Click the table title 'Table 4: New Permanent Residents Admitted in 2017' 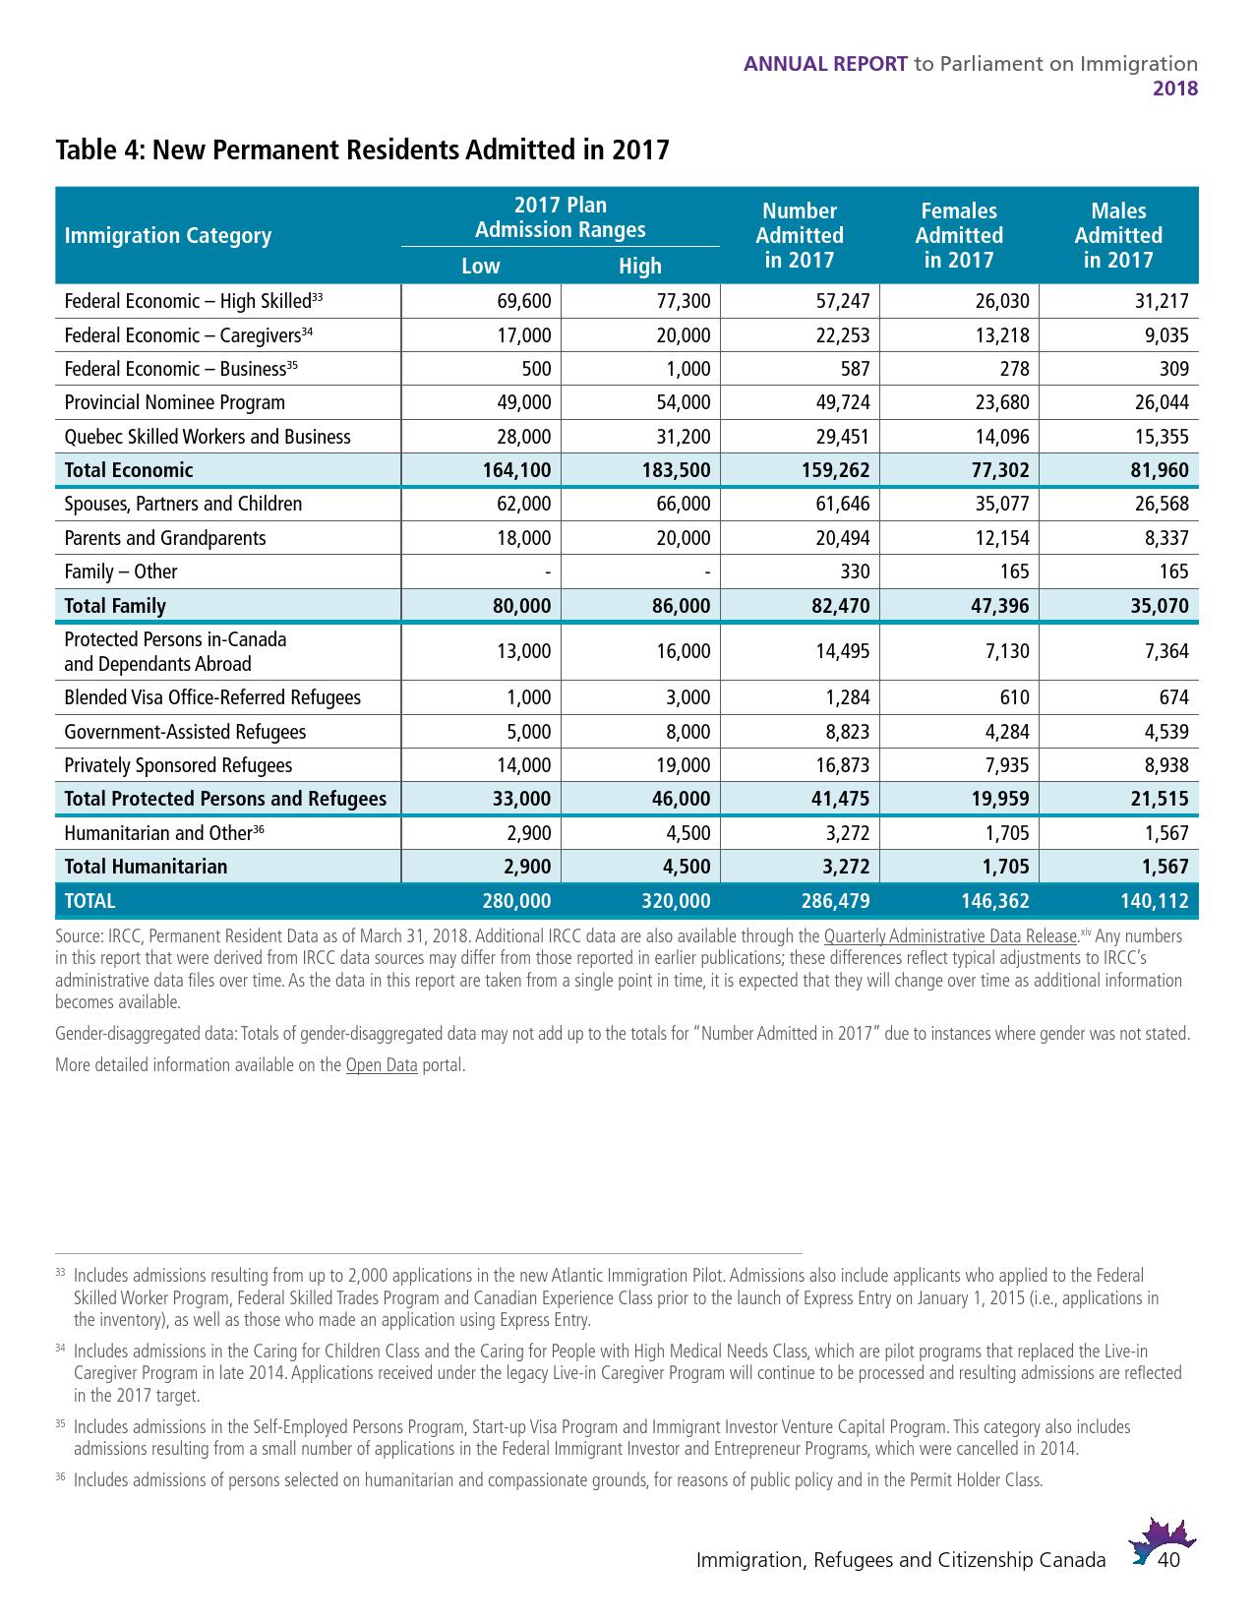(362, 150)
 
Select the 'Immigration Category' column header (168, 236)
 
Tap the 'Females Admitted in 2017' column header (958, 236)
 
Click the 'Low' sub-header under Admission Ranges (481, 267)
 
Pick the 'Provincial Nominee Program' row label (175, 403)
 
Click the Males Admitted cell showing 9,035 (1166, 335)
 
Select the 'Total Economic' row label (129, 470)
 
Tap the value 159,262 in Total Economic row (835, 470)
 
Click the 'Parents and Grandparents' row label (165, 538)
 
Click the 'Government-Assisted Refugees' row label (185, 732)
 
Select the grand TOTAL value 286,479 (835, 901)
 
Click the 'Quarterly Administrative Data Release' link (950, 936)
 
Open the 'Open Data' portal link (382, 1065)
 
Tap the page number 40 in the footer (1169, 1560)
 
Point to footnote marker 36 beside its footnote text (60, 1477)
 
